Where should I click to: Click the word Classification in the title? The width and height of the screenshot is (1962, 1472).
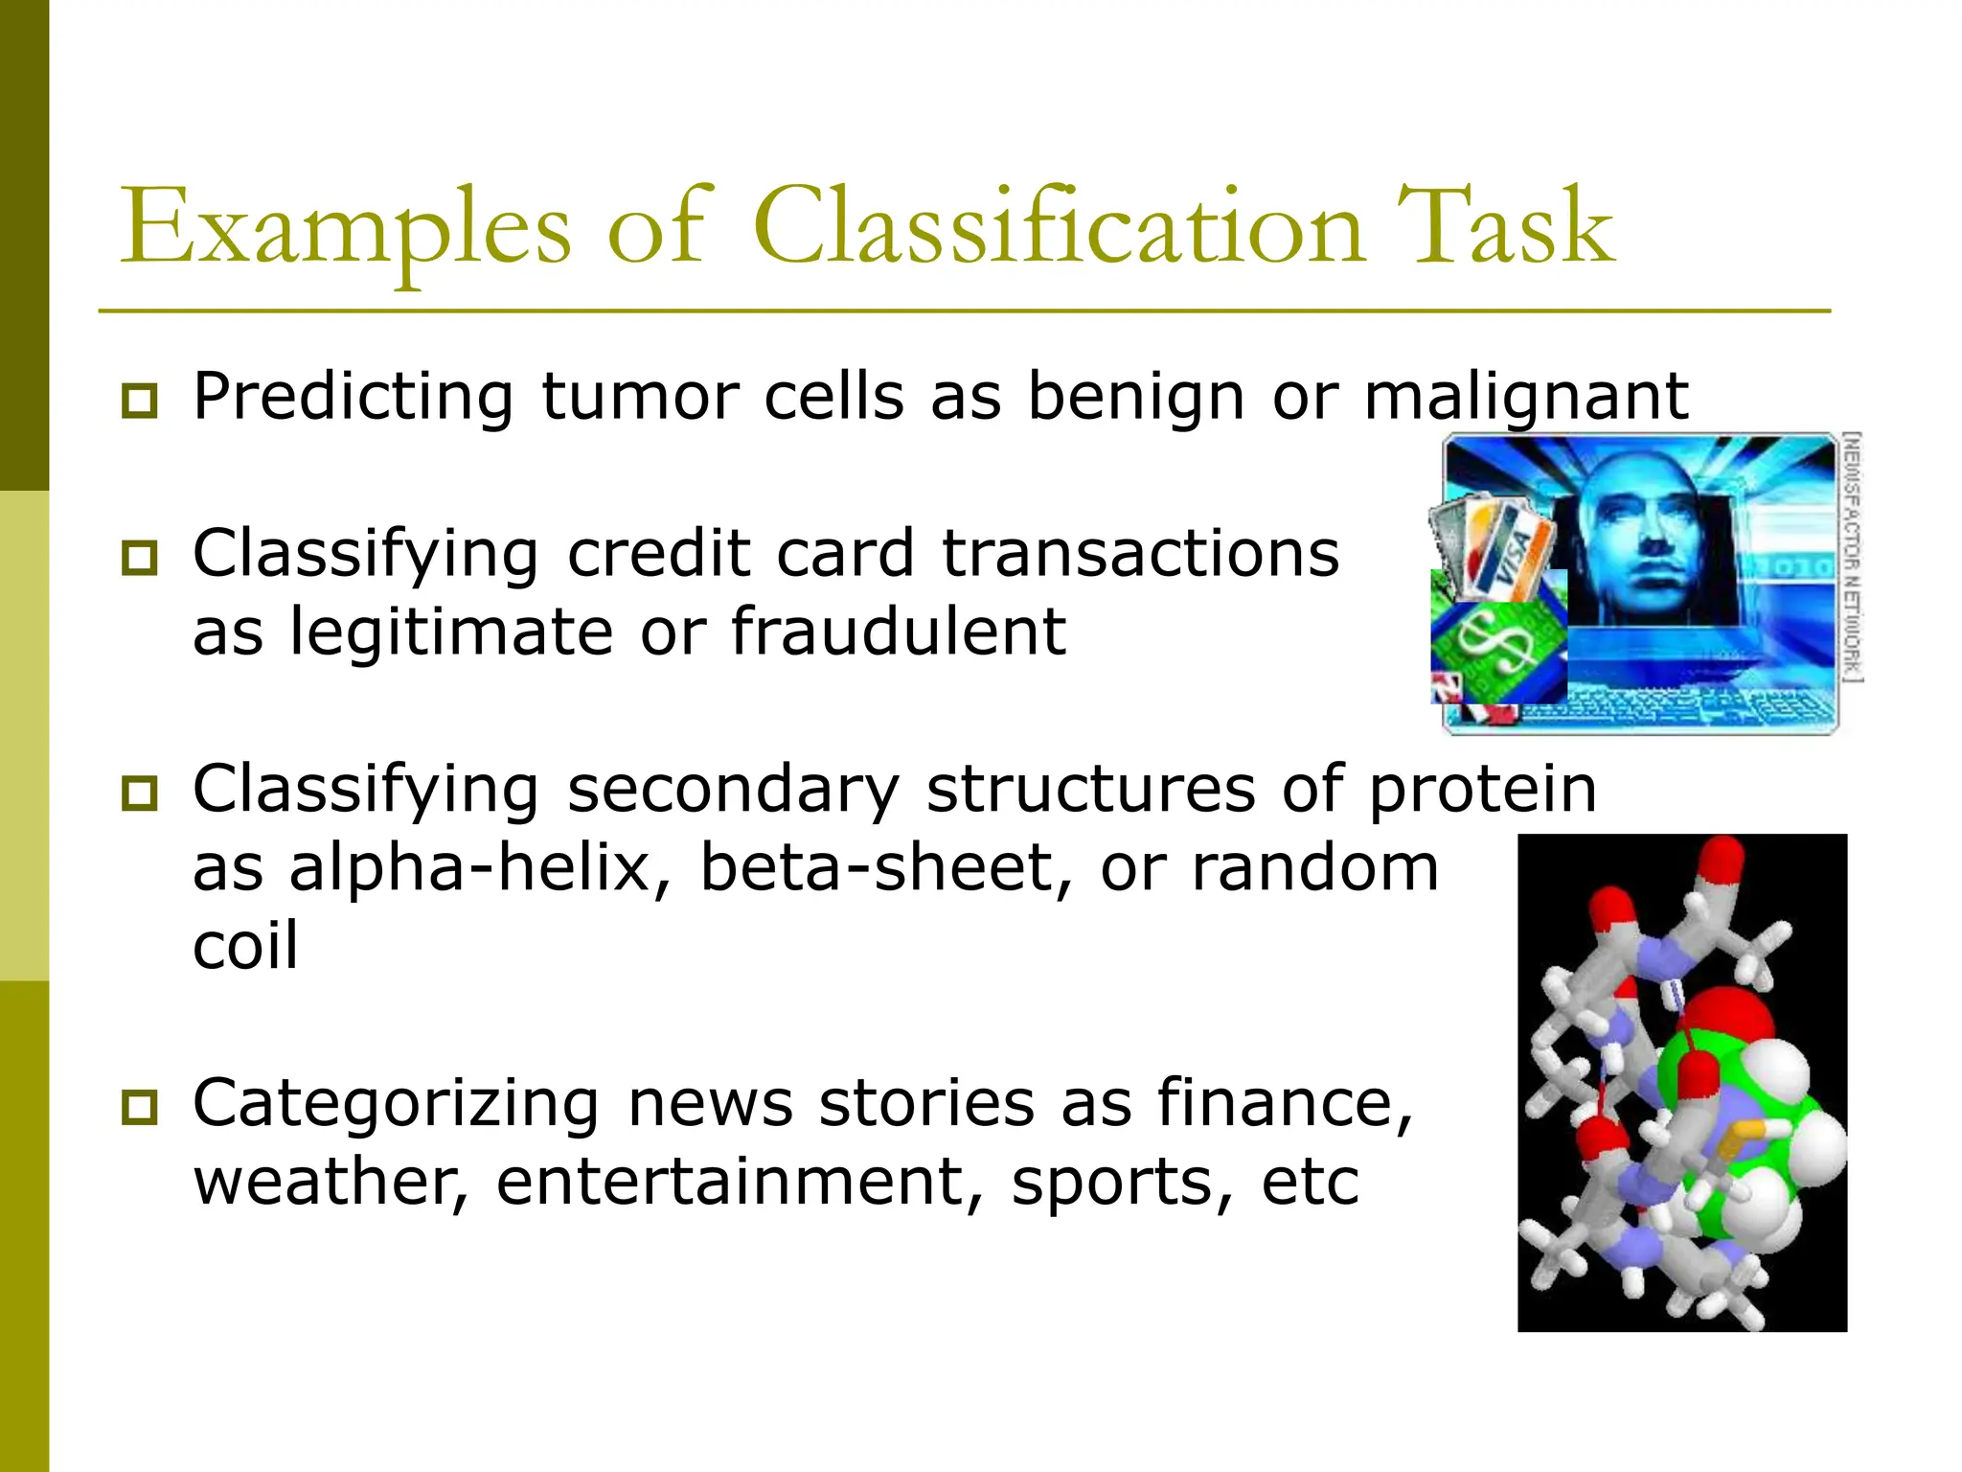pos(1059,228)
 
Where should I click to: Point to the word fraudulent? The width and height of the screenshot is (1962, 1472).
pos(899,632)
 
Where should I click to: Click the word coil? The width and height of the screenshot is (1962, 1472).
pos(245,947)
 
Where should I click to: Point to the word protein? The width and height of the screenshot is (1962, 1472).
pos(1482,790)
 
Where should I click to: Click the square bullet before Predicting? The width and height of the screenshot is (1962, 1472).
pos(140,401)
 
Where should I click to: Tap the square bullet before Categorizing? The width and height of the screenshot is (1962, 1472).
pos(140,1108)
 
